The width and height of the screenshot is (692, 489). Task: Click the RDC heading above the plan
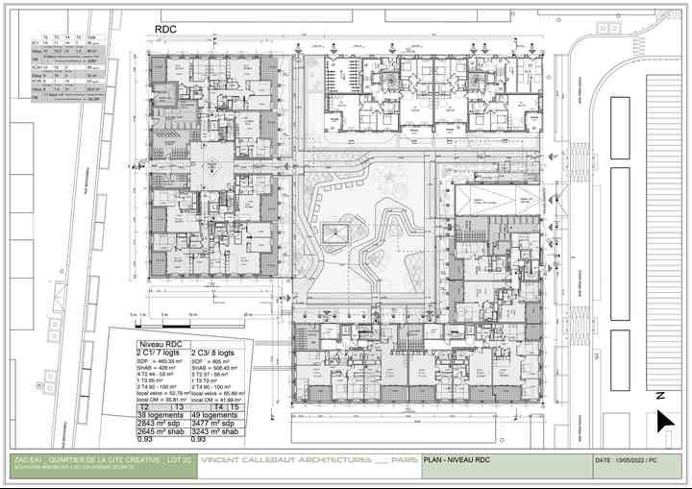(166, 31)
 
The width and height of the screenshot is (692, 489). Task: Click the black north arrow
(663, 421)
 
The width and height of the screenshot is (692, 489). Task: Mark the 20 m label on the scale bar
(247, 314)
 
